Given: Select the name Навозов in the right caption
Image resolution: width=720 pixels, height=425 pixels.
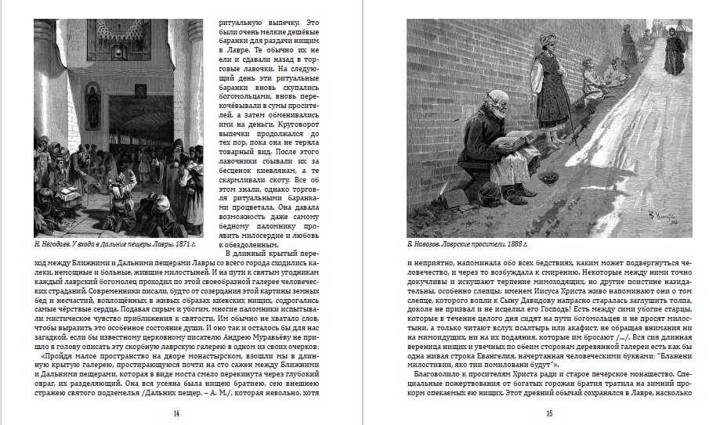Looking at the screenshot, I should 432,244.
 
